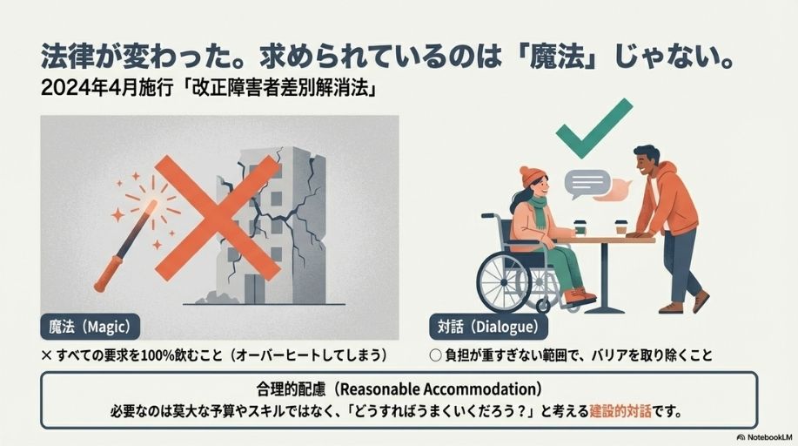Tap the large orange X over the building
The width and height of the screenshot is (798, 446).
[x=218, y=218]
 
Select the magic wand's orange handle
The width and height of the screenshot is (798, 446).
[x=109, y=274]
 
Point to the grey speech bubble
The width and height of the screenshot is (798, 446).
[x=587, y=184]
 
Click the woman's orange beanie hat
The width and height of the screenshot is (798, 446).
[x=532, y=176]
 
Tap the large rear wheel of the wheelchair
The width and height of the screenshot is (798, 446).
[x=505, y=282]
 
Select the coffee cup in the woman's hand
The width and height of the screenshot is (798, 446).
[x=580, y=228]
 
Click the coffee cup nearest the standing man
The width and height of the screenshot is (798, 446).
[x=620, y=227]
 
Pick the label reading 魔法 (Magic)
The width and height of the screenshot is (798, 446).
[x=91, y=327]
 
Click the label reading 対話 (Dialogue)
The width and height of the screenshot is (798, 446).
[x=488, y=327]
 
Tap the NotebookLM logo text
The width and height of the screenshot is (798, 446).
[x=764, y=436]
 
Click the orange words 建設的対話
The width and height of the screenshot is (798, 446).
[x=620, y=411]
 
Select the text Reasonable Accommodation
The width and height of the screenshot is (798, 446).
[x=437, y=389]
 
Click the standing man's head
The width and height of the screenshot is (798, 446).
[x=646, y=161]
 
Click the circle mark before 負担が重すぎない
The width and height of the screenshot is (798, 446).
[x=435, y=355]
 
